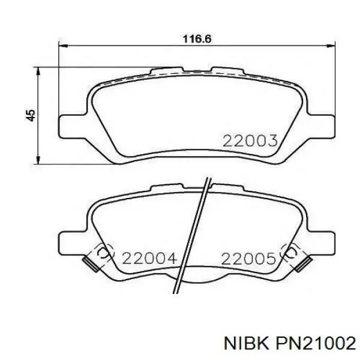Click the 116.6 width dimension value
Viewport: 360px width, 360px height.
(x=197, y=39)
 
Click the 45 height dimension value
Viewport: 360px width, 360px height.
(x=31, y=115)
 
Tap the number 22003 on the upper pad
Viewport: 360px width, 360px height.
(x=250, y=141)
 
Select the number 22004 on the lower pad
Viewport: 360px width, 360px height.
(x=149, y=258)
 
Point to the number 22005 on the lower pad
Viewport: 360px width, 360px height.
(x=248, y=259)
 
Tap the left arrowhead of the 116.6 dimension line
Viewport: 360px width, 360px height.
(x=63, y=46)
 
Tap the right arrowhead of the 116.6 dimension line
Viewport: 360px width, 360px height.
(x=331, y=46)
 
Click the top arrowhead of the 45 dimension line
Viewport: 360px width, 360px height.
(x=38, y=71)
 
